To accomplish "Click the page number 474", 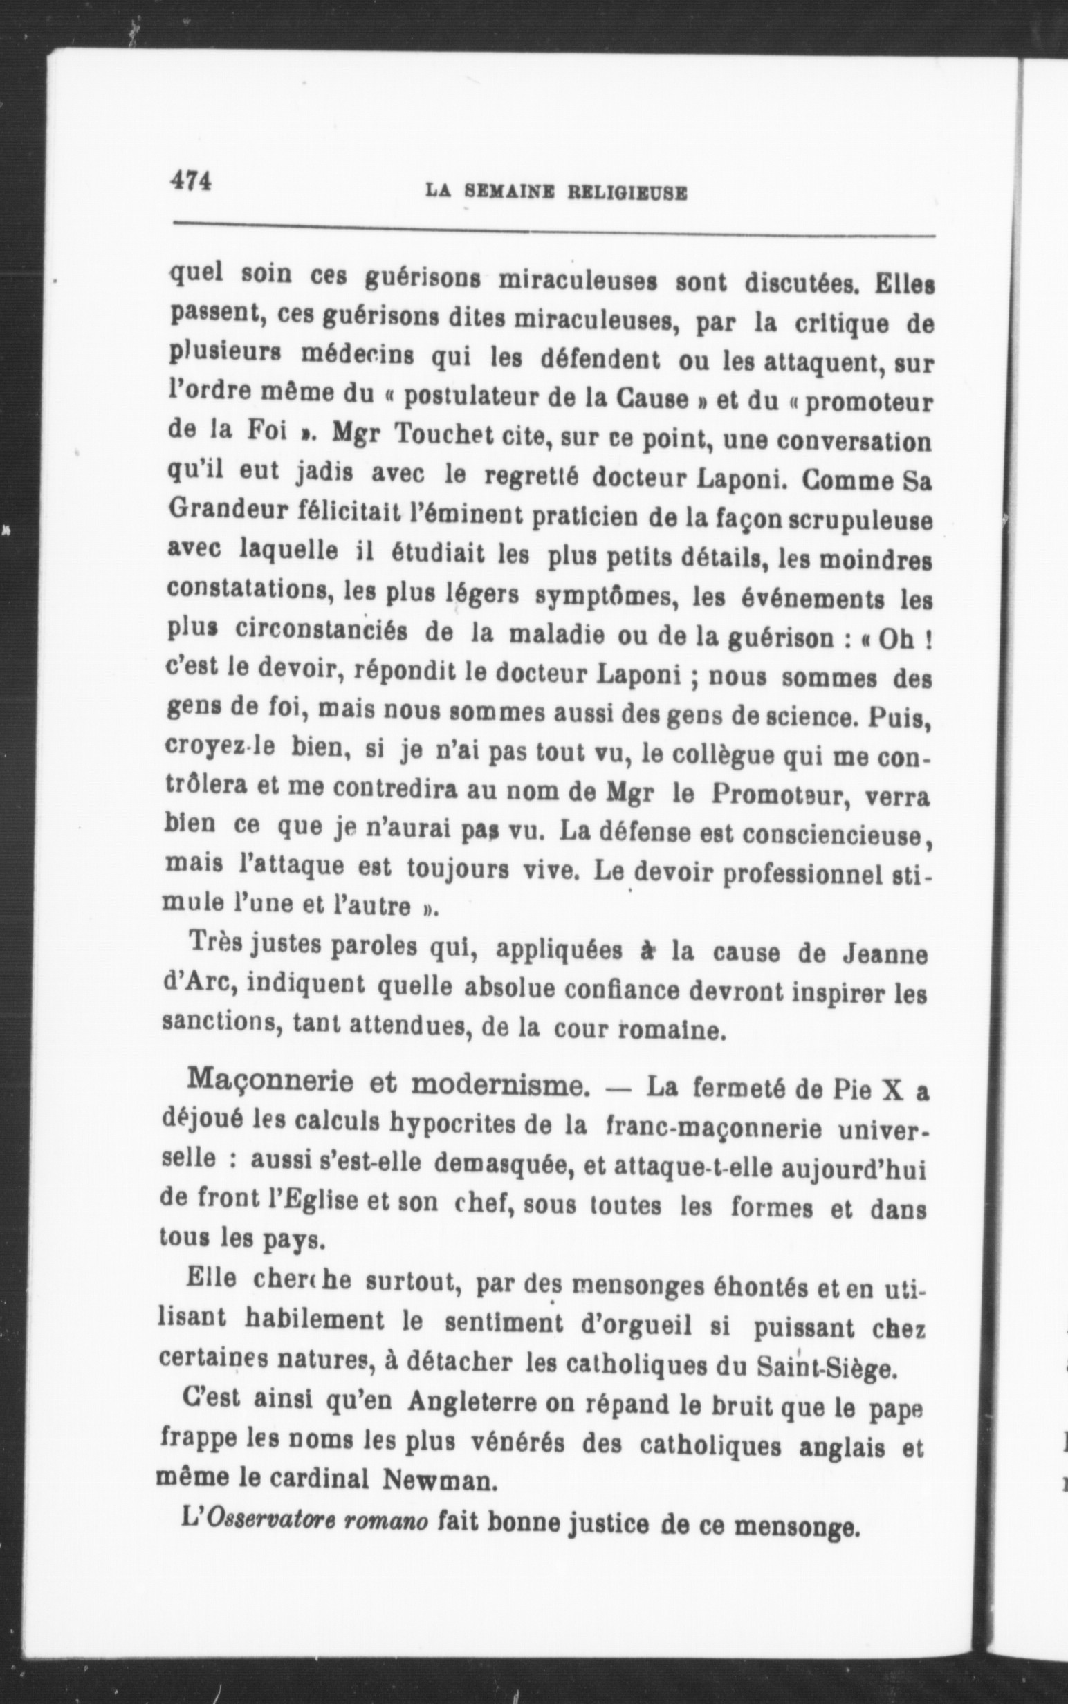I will (191, 180).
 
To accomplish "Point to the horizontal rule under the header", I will (555, 230).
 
